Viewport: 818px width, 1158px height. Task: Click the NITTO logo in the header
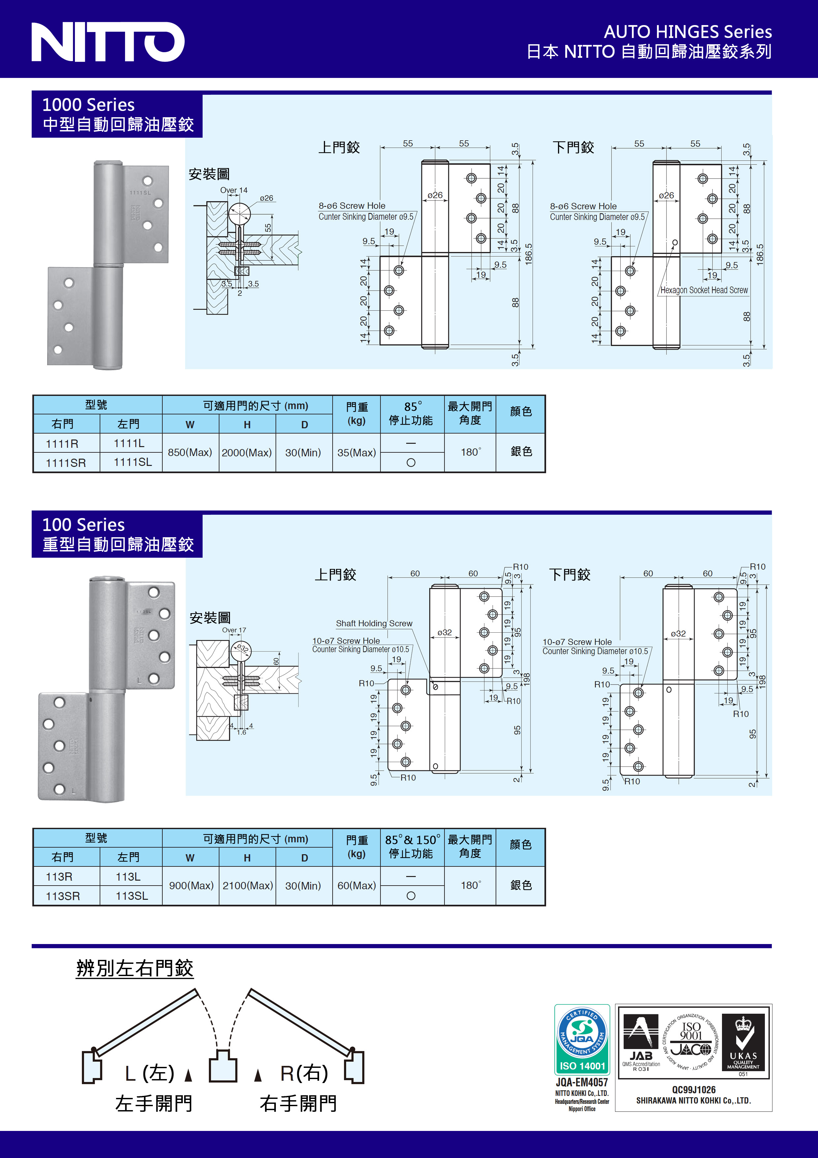108,42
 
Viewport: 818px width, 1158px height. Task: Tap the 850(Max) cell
190,452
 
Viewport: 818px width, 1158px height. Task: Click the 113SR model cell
63,896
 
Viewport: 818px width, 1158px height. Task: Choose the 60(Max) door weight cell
356,886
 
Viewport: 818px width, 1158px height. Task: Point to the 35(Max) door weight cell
356,452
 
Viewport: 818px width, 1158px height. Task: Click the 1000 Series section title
89,105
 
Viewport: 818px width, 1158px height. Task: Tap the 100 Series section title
84,525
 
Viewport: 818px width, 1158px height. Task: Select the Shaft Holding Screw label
374,623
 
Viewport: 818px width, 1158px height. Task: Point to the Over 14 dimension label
234,190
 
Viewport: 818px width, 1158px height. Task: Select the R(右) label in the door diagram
304,1073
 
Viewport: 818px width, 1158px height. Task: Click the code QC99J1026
694,1089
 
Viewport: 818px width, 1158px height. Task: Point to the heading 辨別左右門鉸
135,968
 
